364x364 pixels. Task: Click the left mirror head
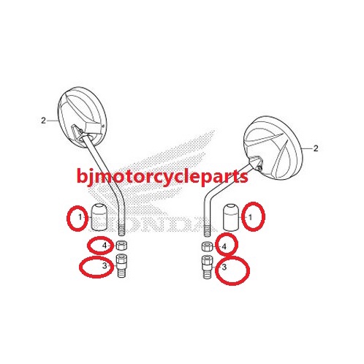coord(83,117)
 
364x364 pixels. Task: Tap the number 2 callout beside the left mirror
coord(43,121)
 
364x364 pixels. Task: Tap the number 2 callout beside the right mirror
coord(316,148)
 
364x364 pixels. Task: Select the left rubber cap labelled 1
coord(99,216)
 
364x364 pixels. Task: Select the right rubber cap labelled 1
coord(232,216)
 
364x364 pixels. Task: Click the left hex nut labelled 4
coord(121,246)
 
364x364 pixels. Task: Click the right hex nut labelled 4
coord(207,247)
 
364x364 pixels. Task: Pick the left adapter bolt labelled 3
coord(121,265)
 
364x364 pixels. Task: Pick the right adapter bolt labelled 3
coord(207,268)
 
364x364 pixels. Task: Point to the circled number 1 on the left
coord(80,217)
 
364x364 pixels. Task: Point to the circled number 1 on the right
coord(250,217)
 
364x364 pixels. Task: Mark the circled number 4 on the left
coord(105,246)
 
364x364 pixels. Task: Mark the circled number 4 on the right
coord(224,247)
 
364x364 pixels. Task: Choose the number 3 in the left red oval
coord(105,265)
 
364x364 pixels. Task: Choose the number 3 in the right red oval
coord(224,268)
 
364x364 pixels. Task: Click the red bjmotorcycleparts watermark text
coord(162,177)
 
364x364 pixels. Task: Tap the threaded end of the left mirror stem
coord(121,229)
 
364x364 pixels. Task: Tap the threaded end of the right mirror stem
coord(207,230)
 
